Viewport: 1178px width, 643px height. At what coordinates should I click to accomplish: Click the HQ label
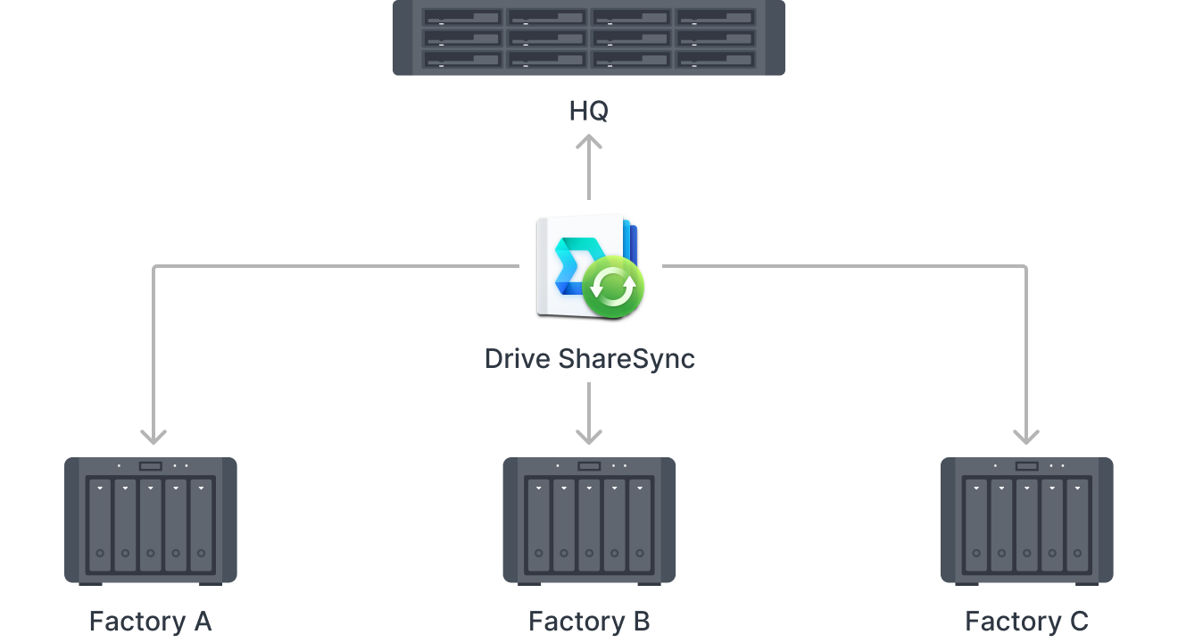(x=589, y=112)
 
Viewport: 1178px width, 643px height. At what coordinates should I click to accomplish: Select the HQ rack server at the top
(x=589, y=38)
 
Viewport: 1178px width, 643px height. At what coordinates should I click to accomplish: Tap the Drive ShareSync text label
(x=589, y=359)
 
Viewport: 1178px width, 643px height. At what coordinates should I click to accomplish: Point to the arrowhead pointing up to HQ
(x=589, y=142)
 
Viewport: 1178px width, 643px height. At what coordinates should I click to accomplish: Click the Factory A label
(x=150, y=621)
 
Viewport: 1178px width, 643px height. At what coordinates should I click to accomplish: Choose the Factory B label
(x=589, y=621)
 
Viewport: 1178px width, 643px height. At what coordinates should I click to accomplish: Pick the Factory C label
(x=1026, y=621)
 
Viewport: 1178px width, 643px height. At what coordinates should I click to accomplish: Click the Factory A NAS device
(x=151, y=521)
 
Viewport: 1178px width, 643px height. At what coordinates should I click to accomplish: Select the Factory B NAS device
(x=589, y=521)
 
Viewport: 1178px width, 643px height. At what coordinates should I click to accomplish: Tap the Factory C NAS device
(x=1027, y=521)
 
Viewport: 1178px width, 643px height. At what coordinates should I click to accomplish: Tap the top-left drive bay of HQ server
(x=462, y=18)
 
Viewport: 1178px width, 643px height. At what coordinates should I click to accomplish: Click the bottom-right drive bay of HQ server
(x=716, y=59)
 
